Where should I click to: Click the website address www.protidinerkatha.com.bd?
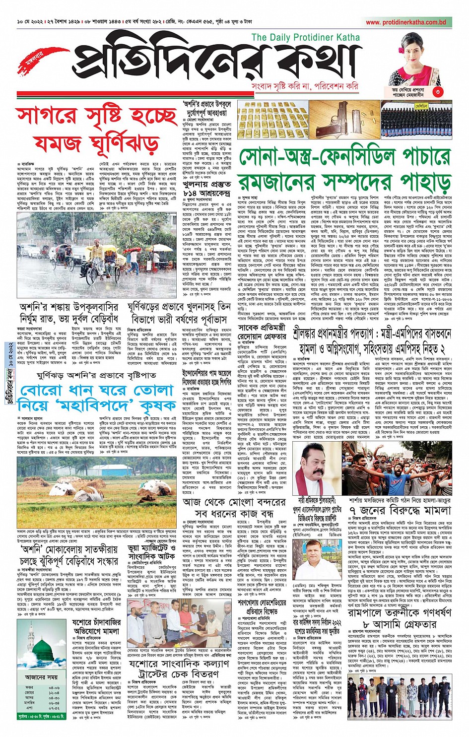coord(405,22)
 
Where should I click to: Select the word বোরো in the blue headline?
coord(40,391)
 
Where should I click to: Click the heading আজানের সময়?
coord(40,677)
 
